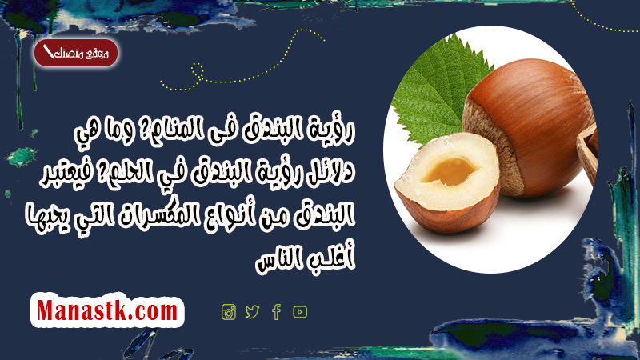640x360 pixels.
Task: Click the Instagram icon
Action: coord(229,312)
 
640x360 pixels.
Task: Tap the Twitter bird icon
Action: coord(252,312)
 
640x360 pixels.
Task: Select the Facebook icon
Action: coord(276,312)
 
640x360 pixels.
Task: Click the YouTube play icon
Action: coord(300,312)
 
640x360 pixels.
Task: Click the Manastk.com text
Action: coord(107,310)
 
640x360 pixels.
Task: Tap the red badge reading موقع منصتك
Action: coord(76,53)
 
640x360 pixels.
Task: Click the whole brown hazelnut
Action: coord(529,126)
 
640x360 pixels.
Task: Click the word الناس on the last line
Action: coord(281,261)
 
